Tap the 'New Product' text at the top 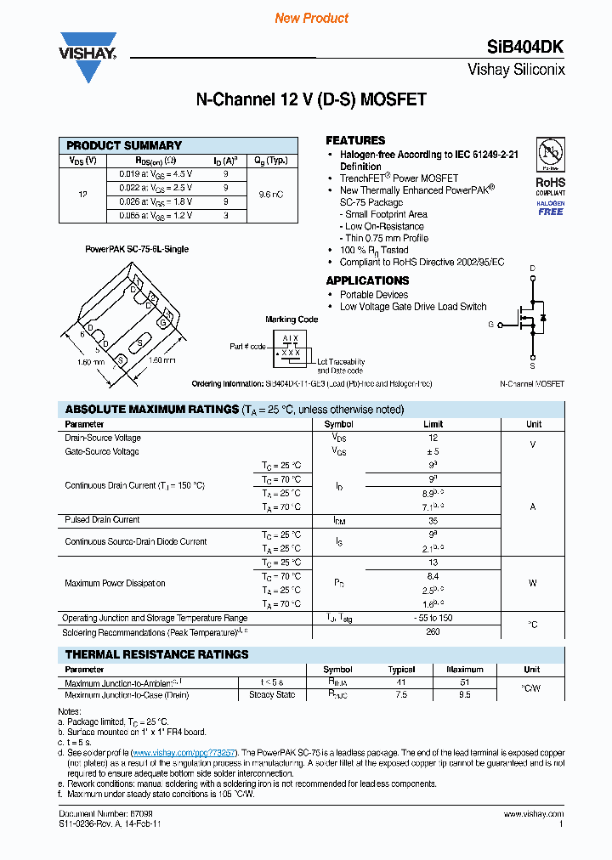point(312,18)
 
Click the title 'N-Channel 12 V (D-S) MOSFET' point(311,99)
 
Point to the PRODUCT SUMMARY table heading point(124,145)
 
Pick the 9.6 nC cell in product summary point(271,195)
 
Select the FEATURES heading point(355,140)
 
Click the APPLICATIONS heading point(367,280)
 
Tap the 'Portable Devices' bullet point(374,295)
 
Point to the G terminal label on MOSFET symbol point(490,325)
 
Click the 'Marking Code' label point(292,320)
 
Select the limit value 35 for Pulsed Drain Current point(433,520)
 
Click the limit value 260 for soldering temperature point(433,632)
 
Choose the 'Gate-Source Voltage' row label point(102,452)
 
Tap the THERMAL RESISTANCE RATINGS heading point(157,654)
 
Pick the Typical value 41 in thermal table point(401,682)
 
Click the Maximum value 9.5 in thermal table point(464,694)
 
